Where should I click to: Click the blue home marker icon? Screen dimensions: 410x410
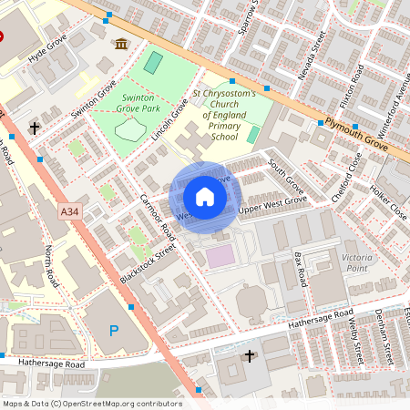205,196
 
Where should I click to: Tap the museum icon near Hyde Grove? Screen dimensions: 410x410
121,44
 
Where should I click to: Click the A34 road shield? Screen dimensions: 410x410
69,211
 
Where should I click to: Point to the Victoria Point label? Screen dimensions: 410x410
356,263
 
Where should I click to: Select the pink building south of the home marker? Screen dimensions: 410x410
220,257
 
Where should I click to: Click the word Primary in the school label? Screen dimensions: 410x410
225,126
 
